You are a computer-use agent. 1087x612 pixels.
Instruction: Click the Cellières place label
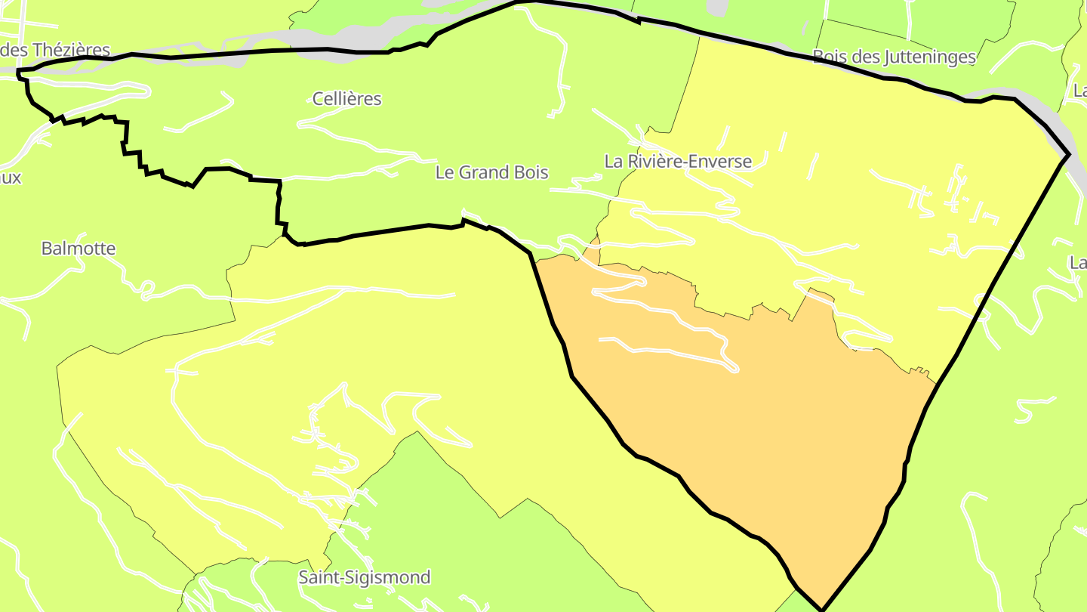(347, 99)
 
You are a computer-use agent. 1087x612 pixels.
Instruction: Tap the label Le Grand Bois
(491, 172)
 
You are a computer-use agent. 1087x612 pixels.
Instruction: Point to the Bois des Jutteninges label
(894, 57)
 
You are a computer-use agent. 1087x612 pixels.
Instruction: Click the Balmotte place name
(79, 249)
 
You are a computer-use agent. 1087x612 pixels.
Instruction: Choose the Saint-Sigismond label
(365, 578)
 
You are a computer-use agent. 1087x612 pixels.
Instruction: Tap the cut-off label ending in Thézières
(55, 51)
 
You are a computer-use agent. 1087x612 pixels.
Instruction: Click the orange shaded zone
(755, 423)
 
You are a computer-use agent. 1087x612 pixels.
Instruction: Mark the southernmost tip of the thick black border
(821, 609)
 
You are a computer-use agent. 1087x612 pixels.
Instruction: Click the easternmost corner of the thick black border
(1069, 155)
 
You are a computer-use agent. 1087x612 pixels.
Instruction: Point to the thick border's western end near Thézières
(18, 73)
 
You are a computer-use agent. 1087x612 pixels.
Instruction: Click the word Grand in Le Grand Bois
(492, 172)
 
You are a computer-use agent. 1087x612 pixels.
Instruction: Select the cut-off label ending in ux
(11, 178)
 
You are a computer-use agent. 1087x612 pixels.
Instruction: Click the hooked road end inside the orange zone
(732, 368)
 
